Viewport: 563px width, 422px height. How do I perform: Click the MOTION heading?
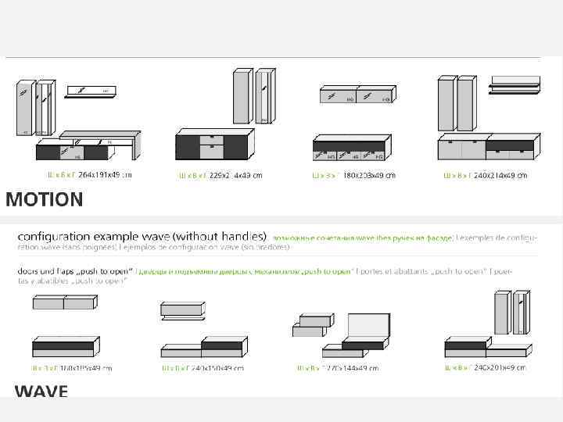tap(45, 200)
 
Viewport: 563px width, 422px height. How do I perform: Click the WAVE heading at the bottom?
tap(41, 391)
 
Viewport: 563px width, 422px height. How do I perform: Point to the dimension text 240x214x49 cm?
tap(500, 175)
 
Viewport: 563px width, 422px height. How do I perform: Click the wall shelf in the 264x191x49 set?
tap(91, 92)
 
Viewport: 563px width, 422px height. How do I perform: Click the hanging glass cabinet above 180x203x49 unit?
tap(356, 95)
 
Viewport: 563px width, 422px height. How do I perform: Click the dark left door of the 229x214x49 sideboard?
tap(188, 147)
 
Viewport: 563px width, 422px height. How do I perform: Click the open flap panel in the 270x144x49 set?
tap(367, 326)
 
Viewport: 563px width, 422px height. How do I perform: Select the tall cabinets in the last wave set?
tap(512, 313)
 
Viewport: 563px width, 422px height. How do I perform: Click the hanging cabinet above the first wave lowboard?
tap(63, 302)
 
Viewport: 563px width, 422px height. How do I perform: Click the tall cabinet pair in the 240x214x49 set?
tap(457, 103)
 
